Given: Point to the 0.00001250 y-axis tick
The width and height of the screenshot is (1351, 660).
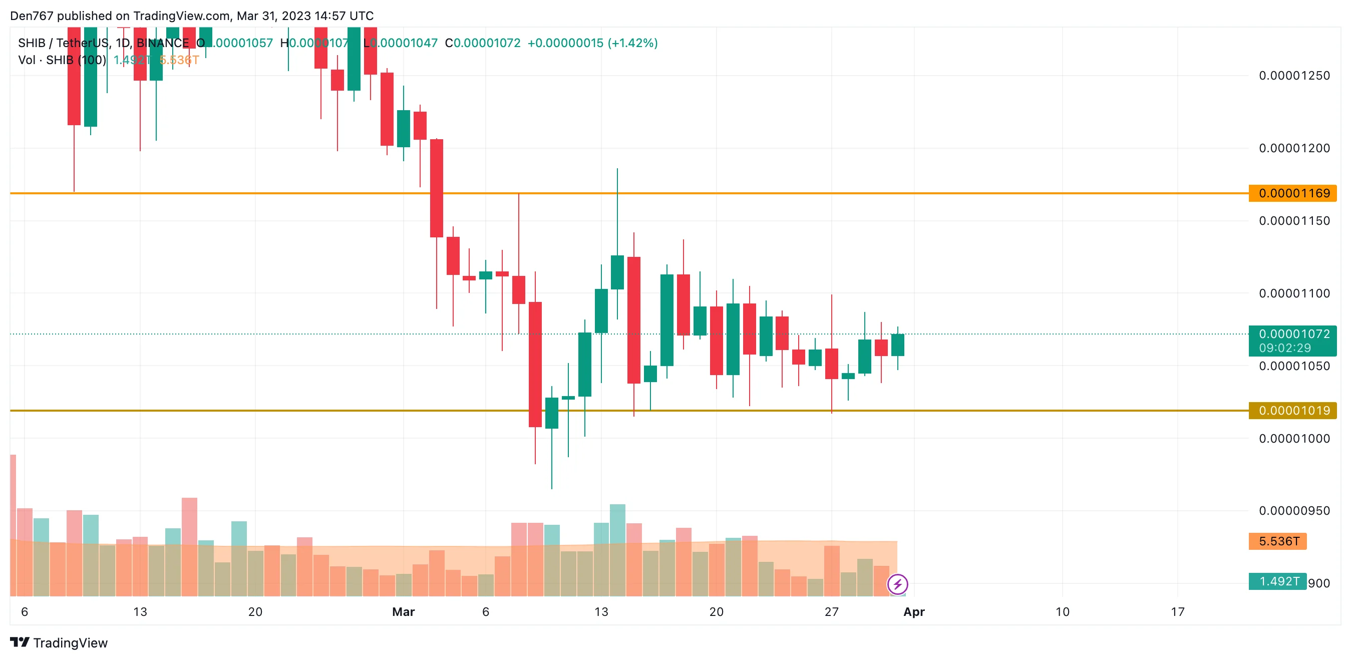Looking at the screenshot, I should coord(1294,76).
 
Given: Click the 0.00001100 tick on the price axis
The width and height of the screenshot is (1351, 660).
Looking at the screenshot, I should coord(1294,293).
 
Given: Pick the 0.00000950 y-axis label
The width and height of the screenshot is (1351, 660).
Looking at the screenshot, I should coord(1294,510).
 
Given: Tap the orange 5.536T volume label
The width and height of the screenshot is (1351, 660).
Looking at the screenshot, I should coord(1277,541).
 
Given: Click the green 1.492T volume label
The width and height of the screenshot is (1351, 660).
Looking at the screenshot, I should coord(1277,581).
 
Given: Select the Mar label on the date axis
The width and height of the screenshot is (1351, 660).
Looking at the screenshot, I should coord(403,612).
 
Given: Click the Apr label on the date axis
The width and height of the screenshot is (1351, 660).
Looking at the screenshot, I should coord(914,612).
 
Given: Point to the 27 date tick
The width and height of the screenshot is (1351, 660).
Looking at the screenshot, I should coord(831,612).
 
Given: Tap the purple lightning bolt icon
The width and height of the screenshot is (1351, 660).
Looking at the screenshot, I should coord(897,584).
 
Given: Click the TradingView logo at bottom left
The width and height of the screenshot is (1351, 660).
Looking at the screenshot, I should coord(59,642).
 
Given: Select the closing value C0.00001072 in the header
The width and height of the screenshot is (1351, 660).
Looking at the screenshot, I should coord(483,43).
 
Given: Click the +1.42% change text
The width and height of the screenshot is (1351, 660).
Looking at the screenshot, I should coord(632,43).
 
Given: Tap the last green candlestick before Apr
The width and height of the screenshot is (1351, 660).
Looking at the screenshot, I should coord(897,345).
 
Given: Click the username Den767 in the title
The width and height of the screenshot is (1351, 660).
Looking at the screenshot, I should coord(32,16).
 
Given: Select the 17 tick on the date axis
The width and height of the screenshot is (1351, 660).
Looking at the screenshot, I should coord(1177,612).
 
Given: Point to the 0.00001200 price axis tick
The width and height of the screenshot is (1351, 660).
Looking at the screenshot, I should coord(1294,148).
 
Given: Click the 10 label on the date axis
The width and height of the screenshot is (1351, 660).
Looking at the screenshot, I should coord(1062,612).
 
